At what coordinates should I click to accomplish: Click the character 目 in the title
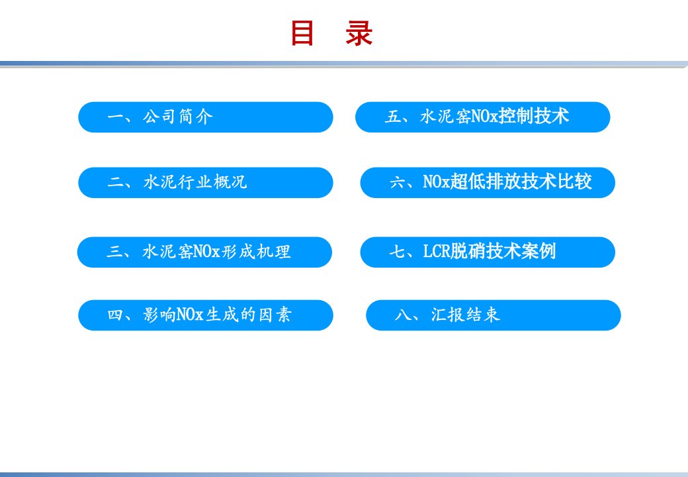(302, 33)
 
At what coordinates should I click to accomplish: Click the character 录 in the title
(359, 33)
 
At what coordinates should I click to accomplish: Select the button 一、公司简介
(205, 117)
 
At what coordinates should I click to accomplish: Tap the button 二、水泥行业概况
(205, 183)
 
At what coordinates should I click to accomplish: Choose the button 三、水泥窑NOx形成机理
(204, 252)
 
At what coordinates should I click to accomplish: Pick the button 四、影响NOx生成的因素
(205, 315)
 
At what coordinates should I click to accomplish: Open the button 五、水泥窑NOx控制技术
(483, 117)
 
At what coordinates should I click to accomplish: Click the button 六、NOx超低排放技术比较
(488, 183)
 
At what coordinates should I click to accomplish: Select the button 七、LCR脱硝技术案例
(488, 252)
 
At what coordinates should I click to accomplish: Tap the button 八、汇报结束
(494, 315)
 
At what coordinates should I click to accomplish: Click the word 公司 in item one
(159, 117)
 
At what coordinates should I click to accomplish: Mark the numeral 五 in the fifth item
(393, 117)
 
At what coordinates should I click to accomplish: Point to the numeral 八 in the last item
(403, 315)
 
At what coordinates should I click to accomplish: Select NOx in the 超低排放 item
(437, 182)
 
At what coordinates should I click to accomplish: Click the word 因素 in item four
(275, 315)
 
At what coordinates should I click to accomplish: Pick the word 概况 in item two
(230, 182)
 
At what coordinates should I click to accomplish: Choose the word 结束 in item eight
(483, 315)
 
